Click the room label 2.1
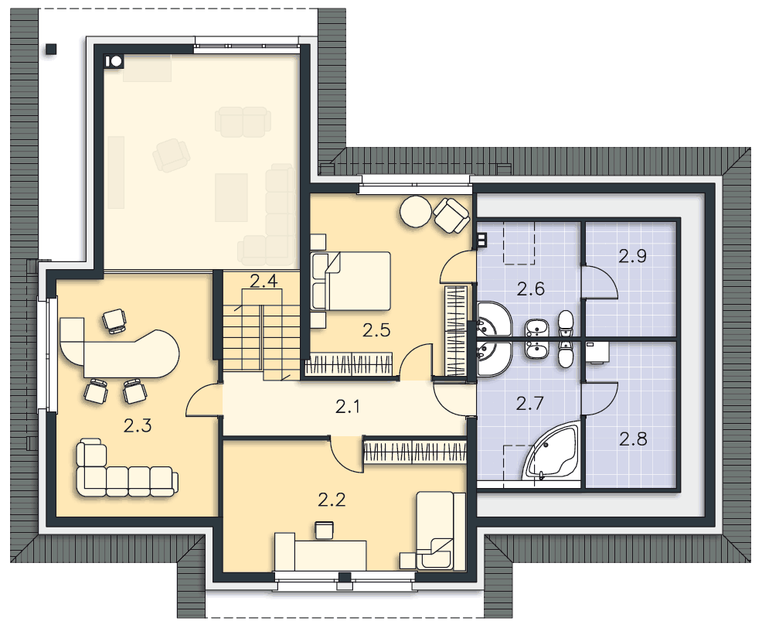tap(348, 406)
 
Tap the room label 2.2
tap(332, 500)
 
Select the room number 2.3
tap(138, 425)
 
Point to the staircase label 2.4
tap(264, 282)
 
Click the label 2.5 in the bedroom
tap(376, 331)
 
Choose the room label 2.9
tap(633, 256)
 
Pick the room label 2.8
tap(633, 439)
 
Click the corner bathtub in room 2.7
tap(552, 452)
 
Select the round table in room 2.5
tap(416, 211)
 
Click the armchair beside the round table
tap(452, 214)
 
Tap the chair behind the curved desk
tap(114, 321)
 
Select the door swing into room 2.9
tap(600, 282)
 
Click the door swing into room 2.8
tap(600, 398)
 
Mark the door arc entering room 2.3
tap(203, 399)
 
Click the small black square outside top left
tap(51, 49)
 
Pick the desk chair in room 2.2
tap(324, 529)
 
